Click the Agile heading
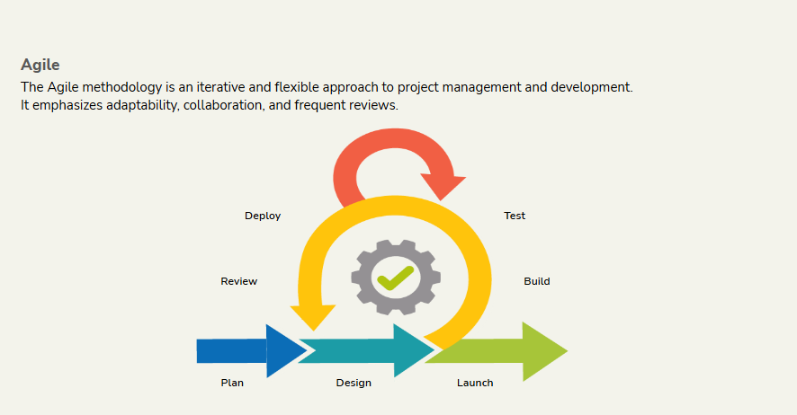pyautogui.click(x=40, y=66)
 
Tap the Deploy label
pyautogui.click(x=263, y=216)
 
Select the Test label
pyautogui.click(x=515, y=216)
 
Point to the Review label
pyautogui.click(x=239, y=281)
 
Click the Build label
pyautogui.click(x=537, y=281)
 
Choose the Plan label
pyautogui.click(x=232, y=383)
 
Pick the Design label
pyautogui.click(x=354, y=383)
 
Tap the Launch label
pyautogui.click(x=475, y=383)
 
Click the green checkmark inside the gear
pyautogui.click(x=396, y=278)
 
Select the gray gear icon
pyautogui.click(x=396, y=277)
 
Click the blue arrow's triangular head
pyautogui.click(x=283, y=350)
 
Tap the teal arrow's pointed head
pyautogui.click(x=412, y=350)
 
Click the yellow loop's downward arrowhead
pyautogui.click(x=313, y=315)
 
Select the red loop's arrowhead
pyautogui.click(x=443, y=185)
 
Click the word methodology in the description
pyautogui.click(x=122, y=88)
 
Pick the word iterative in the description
pyautogui.click(x=221, y=87)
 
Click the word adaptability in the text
pyautogui.click(x=143, y=105)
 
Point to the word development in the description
pyautogui.click(x=592, y=88)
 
